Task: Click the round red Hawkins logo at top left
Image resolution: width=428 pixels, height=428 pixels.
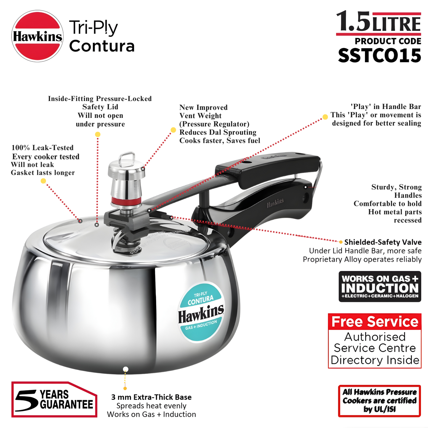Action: [x=37, y=36]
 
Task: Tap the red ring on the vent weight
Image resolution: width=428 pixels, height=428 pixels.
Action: [x=126, y=201]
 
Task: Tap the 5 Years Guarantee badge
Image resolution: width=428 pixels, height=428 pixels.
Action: [x=54, y=399]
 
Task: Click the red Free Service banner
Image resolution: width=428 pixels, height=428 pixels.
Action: [x=375, y=322]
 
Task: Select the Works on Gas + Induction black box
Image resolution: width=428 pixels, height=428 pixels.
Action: [x=379, y=286]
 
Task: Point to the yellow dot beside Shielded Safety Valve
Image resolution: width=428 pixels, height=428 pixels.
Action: [x=341, y=242]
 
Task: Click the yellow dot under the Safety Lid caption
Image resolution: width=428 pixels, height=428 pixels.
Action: [x=97, y=134]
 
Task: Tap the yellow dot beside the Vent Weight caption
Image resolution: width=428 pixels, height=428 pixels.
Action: [x=173, y=130]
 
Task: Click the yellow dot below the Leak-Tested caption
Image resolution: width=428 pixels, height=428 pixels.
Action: [x=43, y=181]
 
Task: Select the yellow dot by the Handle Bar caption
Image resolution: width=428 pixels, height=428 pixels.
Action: [x=325, y=117]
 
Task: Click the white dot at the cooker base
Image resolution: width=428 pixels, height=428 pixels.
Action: [x=126, y=369]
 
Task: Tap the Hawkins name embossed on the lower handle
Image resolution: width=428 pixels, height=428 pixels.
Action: [x=275, y=203]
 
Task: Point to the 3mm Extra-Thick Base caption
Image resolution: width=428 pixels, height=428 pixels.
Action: [x=151, y=405]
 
